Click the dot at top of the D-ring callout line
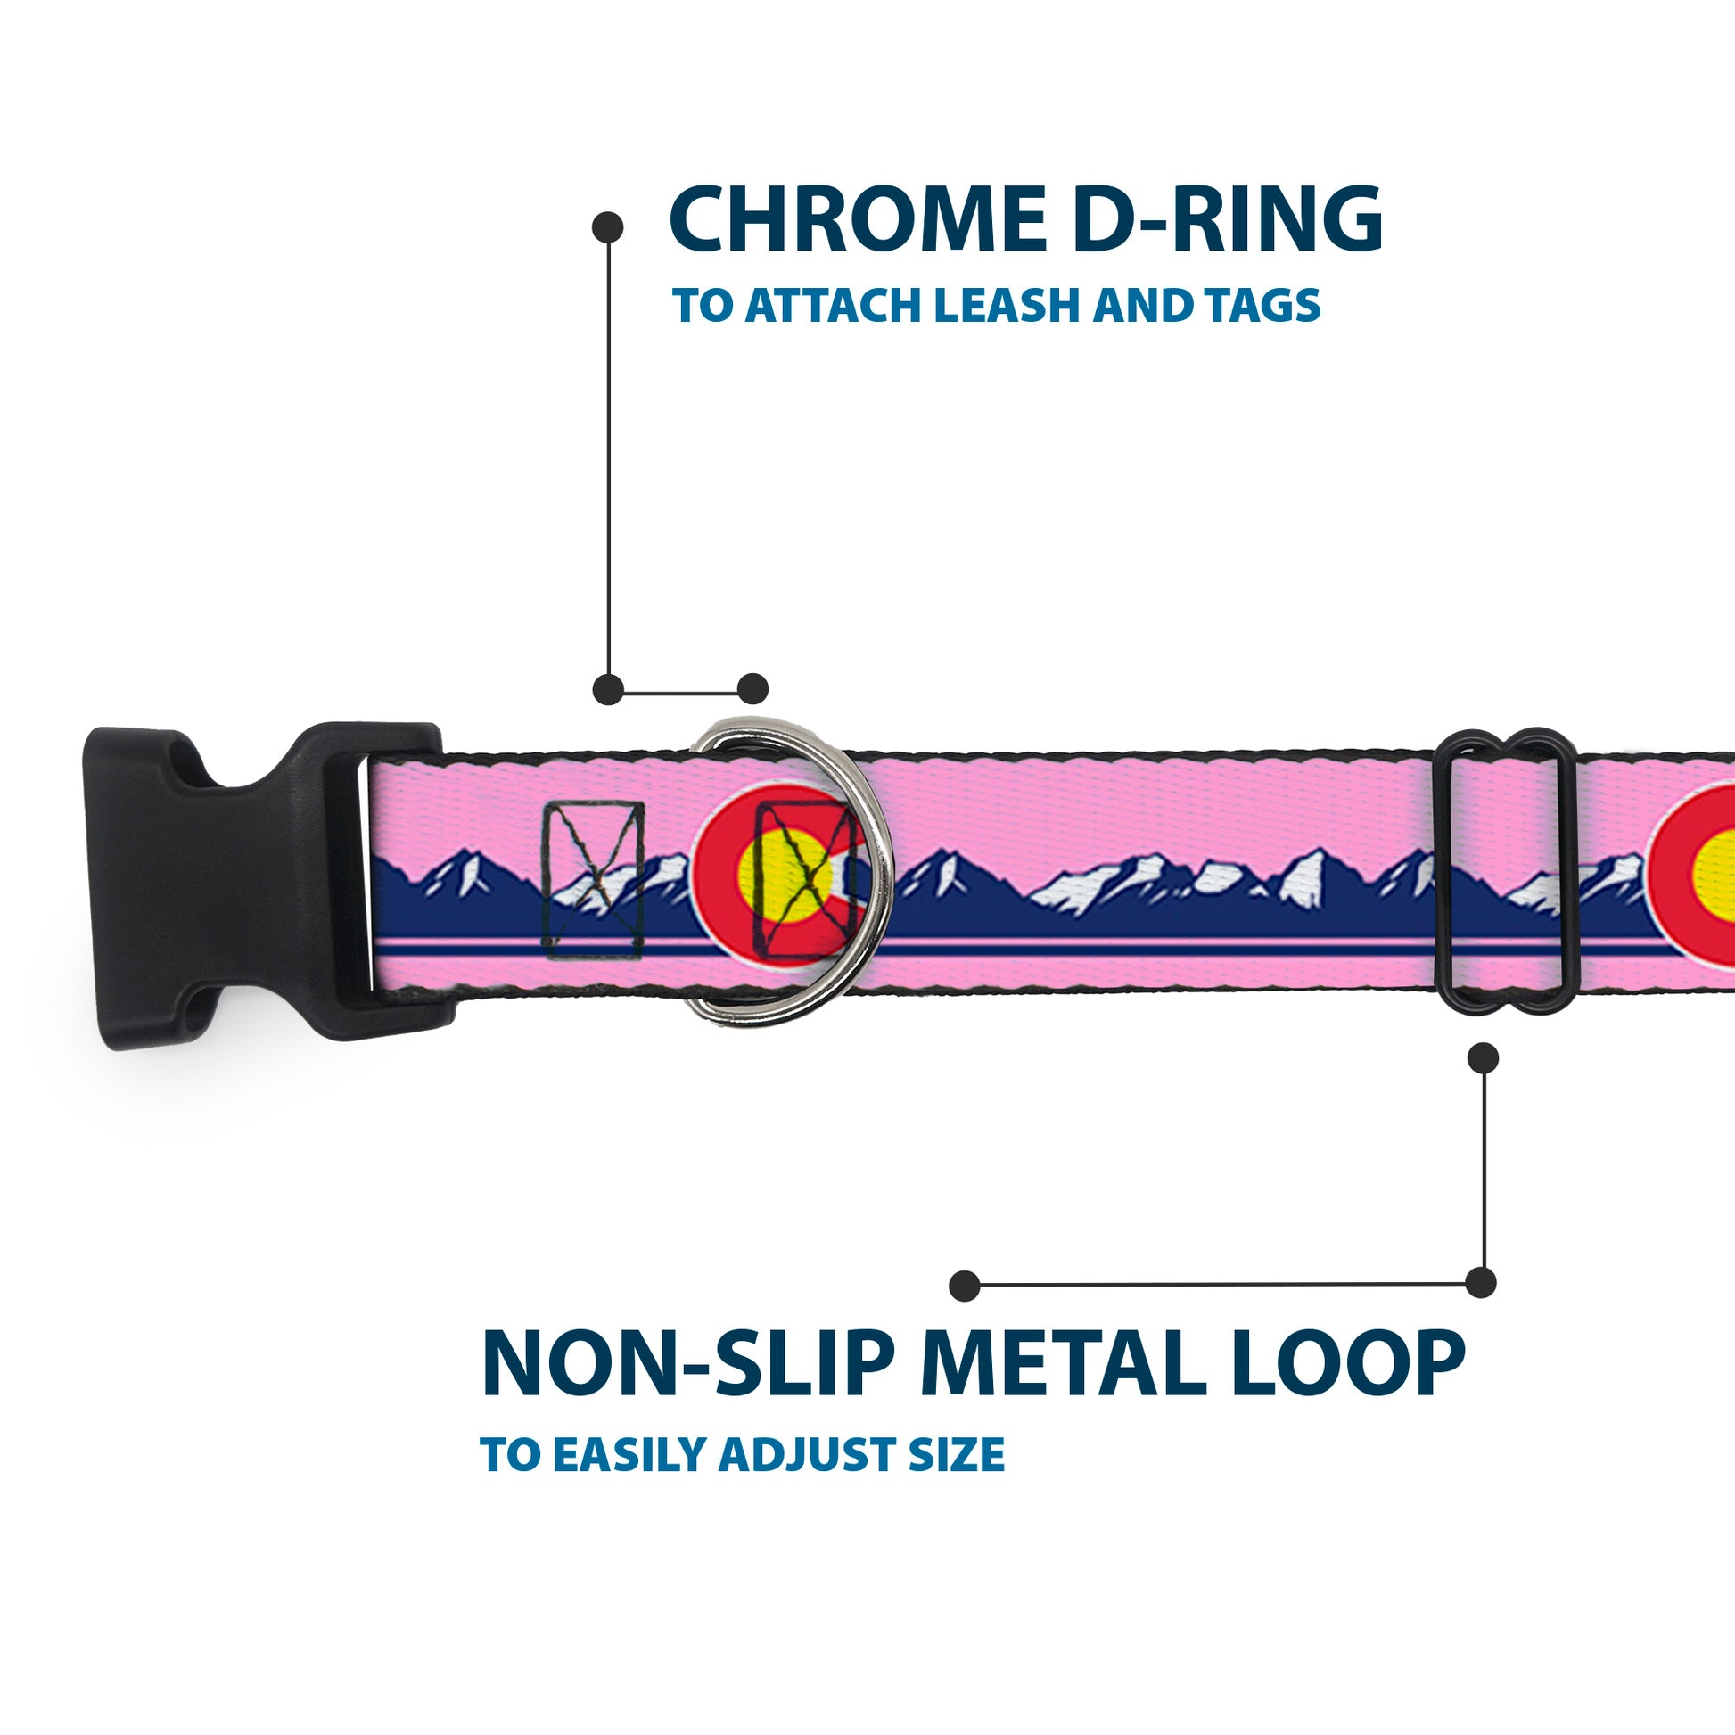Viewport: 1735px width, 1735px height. tap(608, 227)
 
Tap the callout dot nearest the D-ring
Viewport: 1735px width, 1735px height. tap(752, 689)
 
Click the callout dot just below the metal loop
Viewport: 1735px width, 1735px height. tap(1483, 1058)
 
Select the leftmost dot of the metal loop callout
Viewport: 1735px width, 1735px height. tap(965, 1285)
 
